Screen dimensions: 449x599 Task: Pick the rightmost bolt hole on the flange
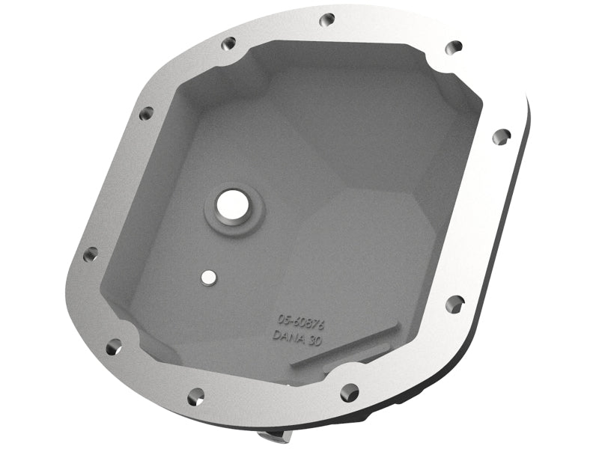(500, 136)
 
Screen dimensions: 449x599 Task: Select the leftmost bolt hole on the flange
(89, 255)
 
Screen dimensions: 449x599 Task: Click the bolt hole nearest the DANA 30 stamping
(349, 391)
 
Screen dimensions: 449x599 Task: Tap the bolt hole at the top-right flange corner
(453, 46)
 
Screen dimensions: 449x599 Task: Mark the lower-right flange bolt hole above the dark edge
(454, 303)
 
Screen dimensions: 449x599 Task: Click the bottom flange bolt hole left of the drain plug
(193, 394)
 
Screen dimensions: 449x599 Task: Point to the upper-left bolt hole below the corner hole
(145, 114)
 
